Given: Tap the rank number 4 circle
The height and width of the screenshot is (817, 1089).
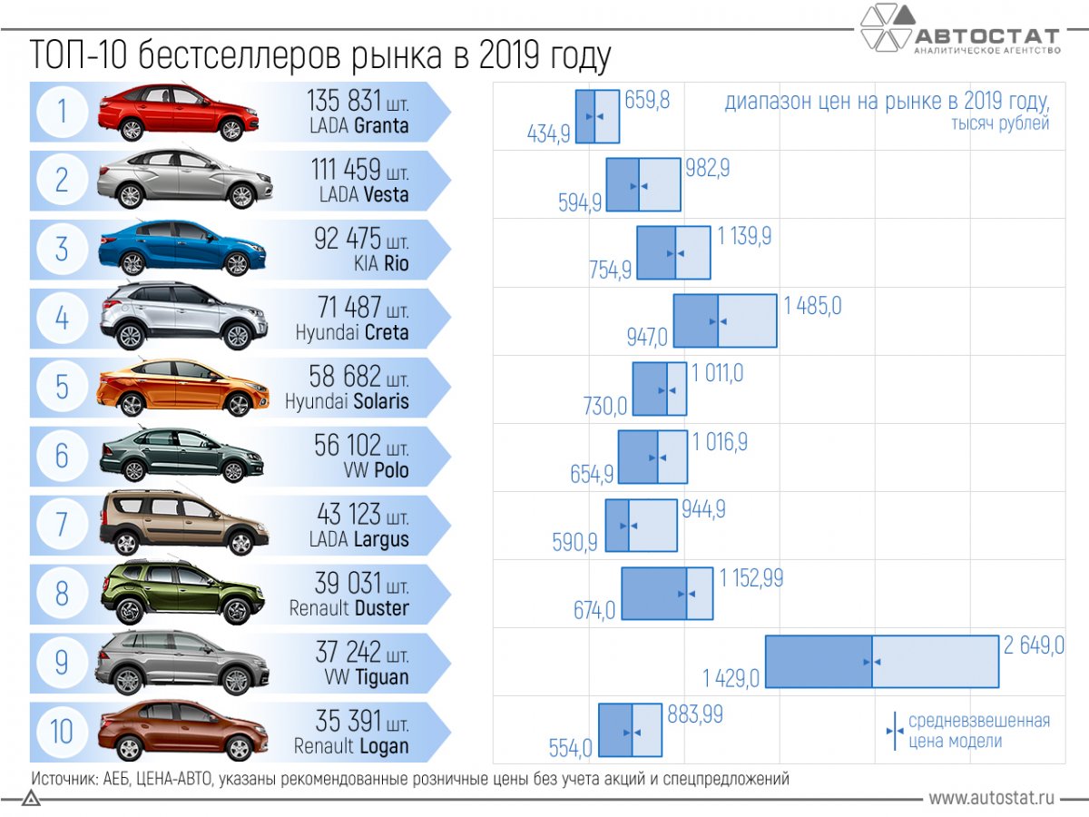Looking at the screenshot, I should click(x=62, y=318).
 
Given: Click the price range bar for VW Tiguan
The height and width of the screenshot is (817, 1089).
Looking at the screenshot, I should click(x=882, y=662).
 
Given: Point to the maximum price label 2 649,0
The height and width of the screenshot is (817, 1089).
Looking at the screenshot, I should click(x=1034, y=646).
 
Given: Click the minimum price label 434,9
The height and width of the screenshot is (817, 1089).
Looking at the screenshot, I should click(x=548, y=134).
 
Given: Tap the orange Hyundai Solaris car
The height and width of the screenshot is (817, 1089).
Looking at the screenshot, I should click(x=182, y=388).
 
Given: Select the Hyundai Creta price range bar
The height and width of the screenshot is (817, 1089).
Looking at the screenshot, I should click(x=724, y=320).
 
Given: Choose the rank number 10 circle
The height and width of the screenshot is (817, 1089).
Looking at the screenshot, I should click(x=62, y=732).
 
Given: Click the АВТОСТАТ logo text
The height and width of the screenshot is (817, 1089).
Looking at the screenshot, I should click(x=986, y=37).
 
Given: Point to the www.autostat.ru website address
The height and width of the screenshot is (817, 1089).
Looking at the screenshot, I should click(x=991, y=798).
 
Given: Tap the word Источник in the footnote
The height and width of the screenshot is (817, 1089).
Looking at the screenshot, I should click(x=60, y=778).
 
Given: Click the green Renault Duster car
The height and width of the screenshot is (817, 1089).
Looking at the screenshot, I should click(x=182, y=593).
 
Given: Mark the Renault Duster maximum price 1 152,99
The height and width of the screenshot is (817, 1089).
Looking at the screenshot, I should click(x=751, y=578).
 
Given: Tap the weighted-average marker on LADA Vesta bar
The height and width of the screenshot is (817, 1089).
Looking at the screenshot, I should click(x=640, y=186).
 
